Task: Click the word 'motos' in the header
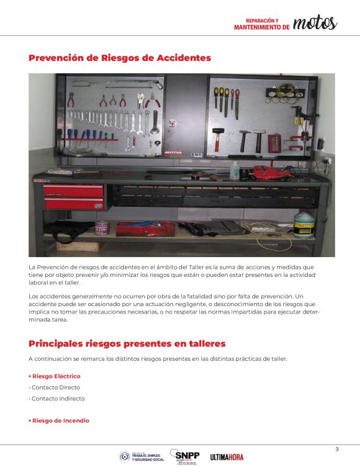(x=315, y=23)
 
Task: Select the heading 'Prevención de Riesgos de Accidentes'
(x=120, y=58)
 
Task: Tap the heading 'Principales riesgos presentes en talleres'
(x=127, y=343)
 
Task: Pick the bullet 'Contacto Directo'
(x=56, y=387)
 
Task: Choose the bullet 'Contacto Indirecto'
(x=58, y=399)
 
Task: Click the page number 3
(x=337, y=449)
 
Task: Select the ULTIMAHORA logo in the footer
(x=227, y=457)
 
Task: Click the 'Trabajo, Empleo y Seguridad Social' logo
(x=142, y=457)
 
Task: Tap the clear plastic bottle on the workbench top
(x=235, y=170)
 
